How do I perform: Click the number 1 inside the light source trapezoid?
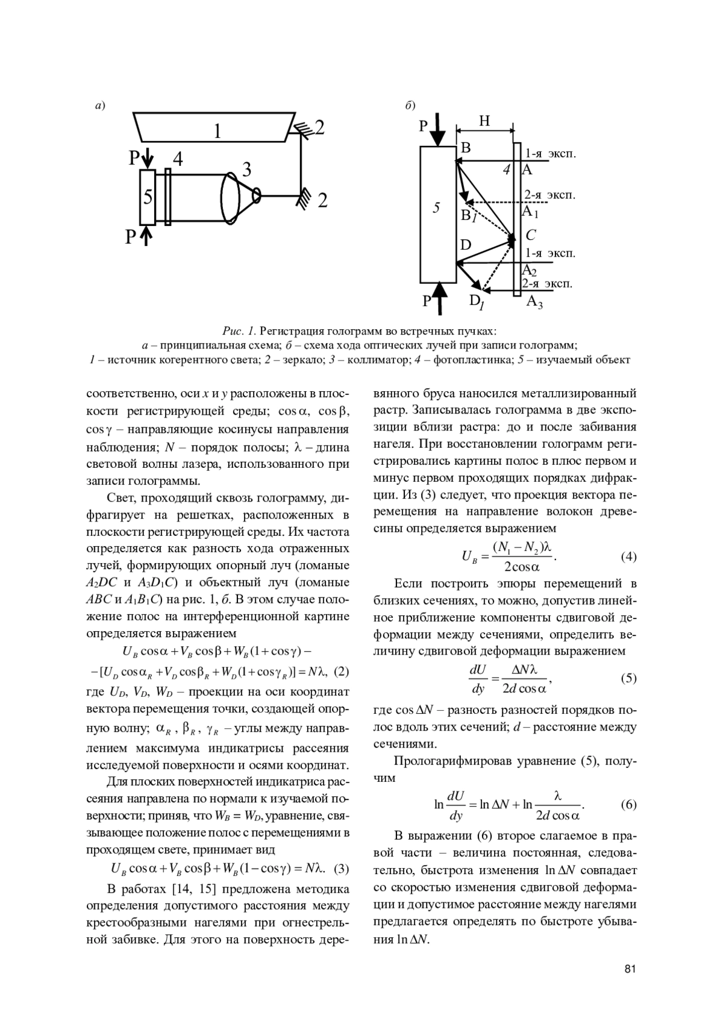218,131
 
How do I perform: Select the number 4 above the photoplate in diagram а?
178,159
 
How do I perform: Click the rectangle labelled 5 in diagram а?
148,198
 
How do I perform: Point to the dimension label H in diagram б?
484,121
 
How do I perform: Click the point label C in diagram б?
530,235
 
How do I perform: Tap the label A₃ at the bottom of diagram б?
534,302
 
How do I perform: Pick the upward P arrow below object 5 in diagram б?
441,298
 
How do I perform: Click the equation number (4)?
628,556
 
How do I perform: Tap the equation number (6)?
628,805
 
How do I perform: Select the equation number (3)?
341,869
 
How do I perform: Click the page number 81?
630,969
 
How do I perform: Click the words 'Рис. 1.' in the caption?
240,331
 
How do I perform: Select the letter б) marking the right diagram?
410,106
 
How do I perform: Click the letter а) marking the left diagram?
100,106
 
